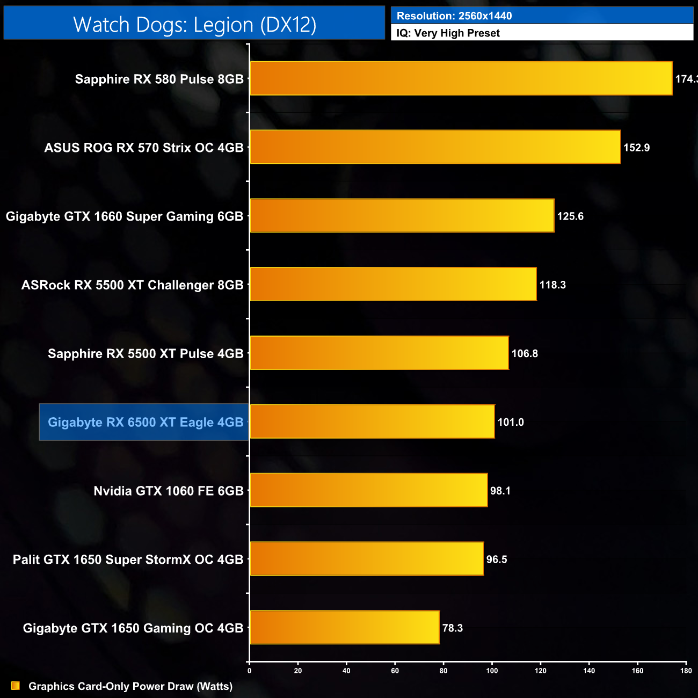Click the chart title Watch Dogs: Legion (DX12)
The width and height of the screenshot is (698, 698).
tap(194, 25)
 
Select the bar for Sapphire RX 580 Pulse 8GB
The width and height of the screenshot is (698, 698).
tap(461, 78)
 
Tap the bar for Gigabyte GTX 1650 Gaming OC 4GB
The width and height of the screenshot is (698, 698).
tap(344, 627)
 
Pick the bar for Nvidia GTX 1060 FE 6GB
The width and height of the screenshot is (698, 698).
tap(368, 490)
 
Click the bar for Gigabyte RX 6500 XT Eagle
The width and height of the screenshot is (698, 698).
tap(372, 421)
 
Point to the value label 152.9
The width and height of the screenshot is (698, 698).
tap(636, 148)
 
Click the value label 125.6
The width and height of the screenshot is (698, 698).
tap(570, 216)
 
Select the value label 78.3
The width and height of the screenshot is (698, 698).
tap(452, 628)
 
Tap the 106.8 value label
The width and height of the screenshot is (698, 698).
tap(525, 354)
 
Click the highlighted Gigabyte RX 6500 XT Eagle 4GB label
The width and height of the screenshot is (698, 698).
tap(146, 423)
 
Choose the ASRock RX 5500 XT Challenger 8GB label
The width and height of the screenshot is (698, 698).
tap(132, 285)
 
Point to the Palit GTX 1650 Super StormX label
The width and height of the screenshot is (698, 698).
tap(128, 559)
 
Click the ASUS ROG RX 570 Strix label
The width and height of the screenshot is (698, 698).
tap(144, 148)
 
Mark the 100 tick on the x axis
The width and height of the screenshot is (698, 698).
tap(492, 670)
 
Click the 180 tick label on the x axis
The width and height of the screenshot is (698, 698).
tap(686, 670)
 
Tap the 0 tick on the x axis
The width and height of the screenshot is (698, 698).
tap(249, 670)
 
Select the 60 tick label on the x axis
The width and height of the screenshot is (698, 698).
tap(395, 670)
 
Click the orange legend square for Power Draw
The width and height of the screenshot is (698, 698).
tap(16, 686)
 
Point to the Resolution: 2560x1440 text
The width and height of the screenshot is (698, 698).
tap(454, 16)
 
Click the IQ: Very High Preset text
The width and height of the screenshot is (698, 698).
tap(448, 33)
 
